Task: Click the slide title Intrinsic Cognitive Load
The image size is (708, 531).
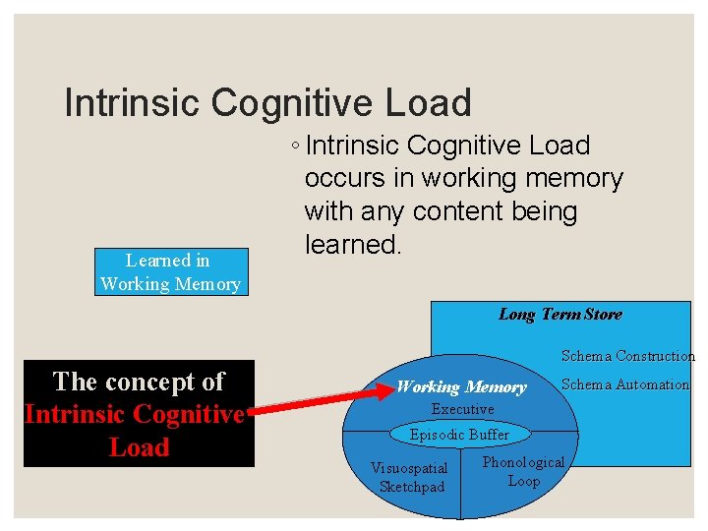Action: point(267,102)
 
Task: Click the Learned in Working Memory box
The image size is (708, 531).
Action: point(170,272)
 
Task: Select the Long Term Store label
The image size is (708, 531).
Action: point(560,315)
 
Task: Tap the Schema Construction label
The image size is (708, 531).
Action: point(627,356)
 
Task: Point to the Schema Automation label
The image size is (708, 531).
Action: point(624,384)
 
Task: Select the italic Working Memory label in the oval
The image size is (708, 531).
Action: point(460,387)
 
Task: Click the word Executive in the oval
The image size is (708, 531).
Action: point(462,409)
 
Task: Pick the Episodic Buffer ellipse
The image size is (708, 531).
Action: point(459,434)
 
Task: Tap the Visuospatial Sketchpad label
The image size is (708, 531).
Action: point(411,477)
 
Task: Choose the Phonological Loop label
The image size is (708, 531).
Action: point(523,471)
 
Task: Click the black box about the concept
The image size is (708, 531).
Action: point(139,414)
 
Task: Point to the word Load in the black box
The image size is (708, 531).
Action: point(139,447)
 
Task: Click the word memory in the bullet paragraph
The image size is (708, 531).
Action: point(575,178)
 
